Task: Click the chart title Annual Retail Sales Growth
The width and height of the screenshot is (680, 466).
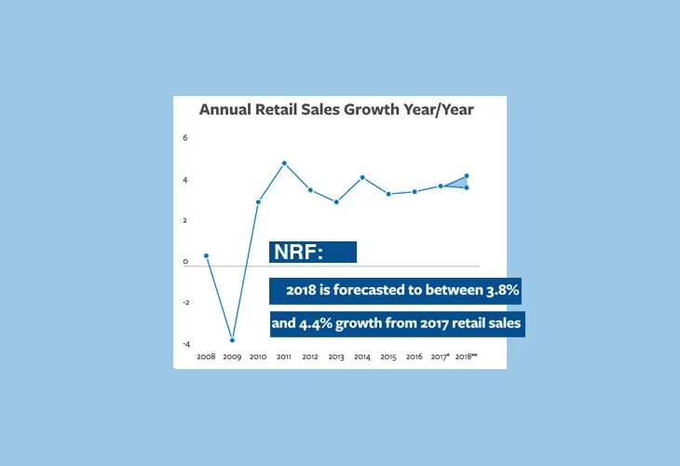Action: coord(336,110)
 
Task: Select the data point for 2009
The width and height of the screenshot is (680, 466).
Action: coord(232,340)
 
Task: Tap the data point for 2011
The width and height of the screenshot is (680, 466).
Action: coord(284,163)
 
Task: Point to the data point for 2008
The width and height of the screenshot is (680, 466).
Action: coord(206,255)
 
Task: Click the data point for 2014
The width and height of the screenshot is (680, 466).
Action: coord(362,177)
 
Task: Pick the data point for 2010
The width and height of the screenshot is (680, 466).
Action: coord(258,201)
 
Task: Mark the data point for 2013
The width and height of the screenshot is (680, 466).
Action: coord(336,201)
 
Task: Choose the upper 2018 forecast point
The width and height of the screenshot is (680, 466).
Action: coord(466,175)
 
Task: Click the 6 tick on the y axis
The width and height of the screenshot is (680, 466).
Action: coord(185,138)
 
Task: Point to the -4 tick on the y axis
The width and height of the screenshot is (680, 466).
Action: coord(185,344)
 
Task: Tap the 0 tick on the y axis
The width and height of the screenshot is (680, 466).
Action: coord(185,262)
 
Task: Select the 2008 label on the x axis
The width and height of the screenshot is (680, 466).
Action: coord(206,357)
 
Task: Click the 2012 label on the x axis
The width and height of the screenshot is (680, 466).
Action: coord(310,357)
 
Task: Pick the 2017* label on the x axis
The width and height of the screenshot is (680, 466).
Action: coord(441,357)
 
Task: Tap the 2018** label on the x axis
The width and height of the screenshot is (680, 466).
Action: coord(468,357)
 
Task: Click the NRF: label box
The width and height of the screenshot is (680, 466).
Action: coord(313,252)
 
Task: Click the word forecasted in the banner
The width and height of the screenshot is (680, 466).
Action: coord(359,291)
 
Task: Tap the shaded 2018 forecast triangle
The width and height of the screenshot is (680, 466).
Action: coord(457,183)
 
